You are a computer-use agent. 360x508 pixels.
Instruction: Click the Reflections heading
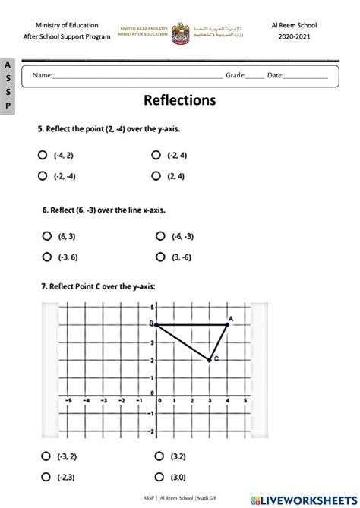179,100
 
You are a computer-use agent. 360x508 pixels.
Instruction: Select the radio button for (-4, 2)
43,155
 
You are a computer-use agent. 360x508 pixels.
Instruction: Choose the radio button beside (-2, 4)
156,155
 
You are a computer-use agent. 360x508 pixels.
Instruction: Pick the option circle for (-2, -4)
43,176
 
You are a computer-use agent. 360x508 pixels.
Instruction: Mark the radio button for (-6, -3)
159,236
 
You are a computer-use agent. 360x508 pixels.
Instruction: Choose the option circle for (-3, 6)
45,257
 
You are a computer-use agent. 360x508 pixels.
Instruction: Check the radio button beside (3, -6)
159,257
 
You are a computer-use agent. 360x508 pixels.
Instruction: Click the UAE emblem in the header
180,30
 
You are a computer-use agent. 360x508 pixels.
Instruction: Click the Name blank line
137,77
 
